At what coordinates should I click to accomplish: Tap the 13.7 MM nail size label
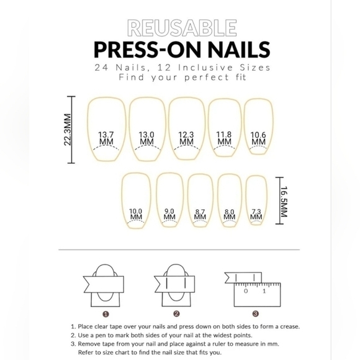tap(106, 138)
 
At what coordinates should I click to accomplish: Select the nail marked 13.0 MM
tap(146, 138)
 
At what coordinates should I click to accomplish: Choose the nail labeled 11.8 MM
tap(223, 138)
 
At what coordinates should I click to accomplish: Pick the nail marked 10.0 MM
tap(136, 214)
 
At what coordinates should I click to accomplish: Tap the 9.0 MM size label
tap(169, 214)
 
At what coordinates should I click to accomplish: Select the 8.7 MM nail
tap(200, 215)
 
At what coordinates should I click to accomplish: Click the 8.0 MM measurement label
tap(229, 215)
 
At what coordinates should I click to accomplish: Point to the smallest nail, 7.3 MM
tap(256, 215)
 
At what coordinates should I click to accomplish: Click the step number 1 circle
tap(106, 314)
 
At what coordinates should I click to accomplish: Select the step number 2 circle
tap(176, 314)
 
